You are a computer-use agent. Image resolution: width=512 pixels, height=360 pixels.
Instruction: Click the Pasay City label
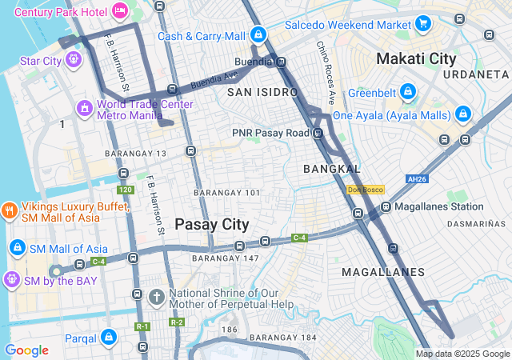click(x=212, y=225)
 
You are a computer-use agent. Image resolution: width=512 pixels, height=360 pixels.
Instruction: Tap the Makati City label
click(x=416, y=58)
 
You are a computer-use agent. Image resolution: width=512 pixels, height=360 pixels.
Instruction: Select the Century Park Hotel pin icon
click(x=119, y=11)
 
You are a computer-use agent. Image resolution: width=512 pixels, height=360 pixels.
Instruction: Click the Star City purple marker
click(x=73, y=59)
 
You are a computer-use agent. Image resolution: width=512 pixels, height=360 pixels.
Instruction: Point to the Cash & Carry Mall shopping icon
click(x=258, y=35)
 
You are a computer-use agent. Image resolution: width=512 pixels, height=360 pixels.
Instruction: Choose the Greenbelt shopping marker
click(x=408, y=91)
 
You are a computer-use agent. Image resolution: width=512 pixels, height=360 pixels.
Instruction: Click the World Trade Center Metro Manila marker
click(x=84, y=108)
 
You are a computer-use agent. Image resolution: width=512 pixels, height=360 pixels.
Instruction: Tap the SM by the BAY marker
click(x=11, y=279)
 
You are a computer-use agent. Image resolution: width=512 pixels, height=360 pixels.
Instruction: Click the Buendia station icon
click(x=282, y=61)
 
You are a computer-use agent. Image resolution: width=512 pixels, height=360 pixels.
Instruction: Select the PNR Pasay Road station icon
click(x=318, y=133)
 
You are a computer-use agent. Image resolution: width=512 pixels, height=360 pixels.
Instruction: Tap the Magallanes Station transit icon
click(x=386, y=206)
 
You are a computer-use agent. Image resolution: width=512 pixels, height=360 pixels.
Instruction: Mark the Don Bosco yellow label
click(x=366, y=190)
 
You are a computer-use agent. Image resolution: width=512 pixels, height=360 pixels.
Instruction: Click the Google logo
click(x=26, y=350)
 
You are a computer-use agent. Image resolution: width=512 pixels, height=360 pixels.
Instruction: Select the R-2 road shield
click(x=177, y=322)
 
